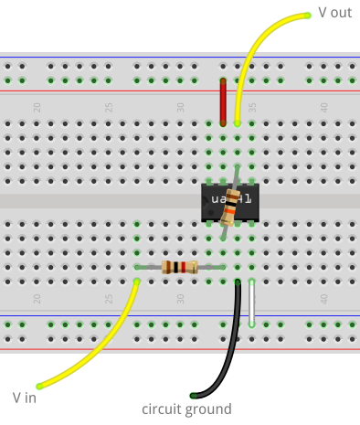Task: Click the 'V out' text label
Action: [334, 13]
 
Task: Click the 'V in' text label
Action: [25, 398]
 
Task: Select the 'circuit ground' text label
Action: [186, 409]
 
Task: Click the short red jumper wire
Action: [222, 101]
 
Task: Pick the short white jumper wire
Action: [251, 303]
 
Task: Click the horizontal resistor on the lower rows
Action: [180, 267]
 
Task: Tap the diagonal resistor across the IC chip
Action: [230, 207]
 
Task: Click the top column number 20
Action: [37, 107]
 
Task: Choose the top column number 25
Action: [109, 107]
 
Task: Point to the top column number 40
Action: [323, 107]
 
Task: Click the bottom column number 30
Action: [180, 298]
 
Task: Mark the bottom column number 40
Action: [323, 298]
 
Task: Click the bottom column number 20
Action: [37, 298]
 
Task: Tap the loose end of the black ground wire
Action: [193, 395]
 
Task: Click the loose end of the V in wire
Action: [38, 386]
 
